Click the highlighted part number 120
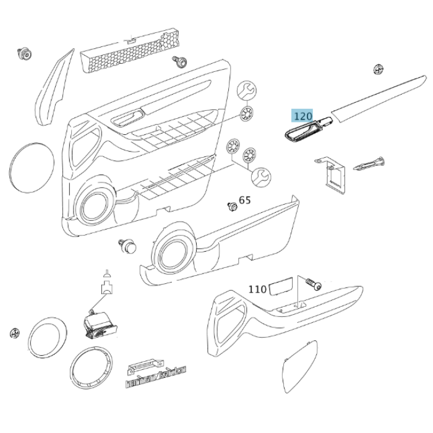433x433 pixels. [x=303, y=116]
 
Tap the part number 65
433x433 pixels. [x=245, y=200]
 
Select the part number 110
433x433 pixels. [x=257, y=289]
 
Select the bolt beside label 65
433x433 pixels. [x=233, y=205]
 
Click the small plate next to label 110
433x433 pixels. [x=281, y=287]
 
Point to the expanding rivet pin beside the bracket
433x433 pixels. [x=370, y=165]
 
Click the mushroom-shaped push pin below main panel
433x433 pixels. [x=127, y=246]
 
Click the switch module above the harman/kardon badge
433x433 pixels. [x=98, y=322]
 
